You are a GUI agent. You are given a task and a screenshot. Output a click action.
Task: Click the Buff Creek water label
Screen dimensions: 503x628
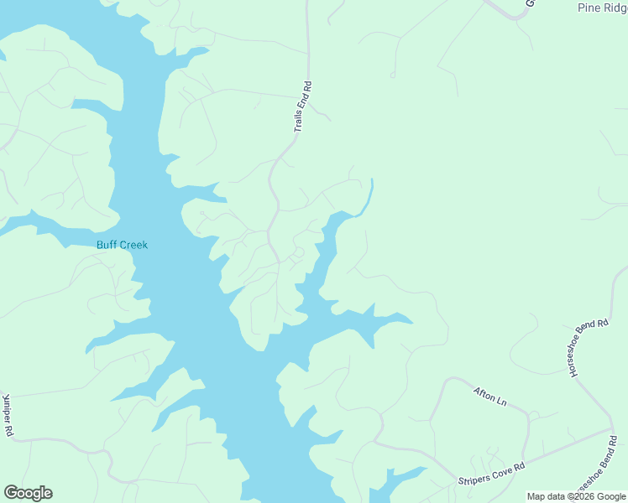pyautogui.click(x=122, y=245)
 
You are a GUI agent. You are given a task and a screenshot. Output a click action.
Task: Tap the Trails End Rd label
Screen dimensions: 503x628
pyautogui.click(x=303, y=107)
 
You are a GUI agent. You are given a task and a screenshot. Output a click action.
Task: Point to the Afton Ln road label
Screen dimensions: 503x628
pyautogui.click(x=490, y=397)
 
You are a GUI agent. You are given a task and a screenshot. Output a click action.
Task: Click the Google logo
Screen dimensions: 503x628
pyautogui.click(x=28, y=493)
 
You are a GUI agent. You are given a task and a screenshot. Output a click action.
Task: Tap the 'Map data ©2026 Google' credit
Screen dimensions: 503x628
pyautogui.click(x=577, y=496)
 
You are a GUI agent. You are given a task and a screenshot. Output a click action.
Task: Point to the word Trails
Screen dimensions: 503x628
pyautogui.click(x=299, y=121)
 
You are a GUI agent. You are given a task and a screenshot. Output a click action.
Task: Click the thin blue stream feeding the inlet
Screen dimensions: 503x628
pyautogui.click(x=368, y=198)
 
